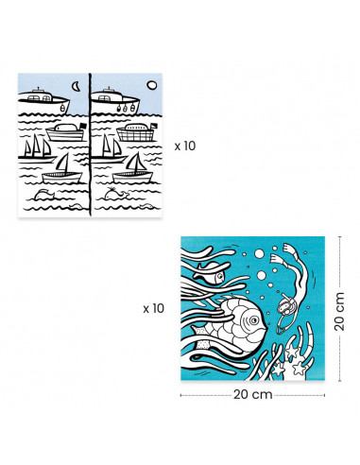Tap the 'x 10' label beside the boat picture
pos(185,146)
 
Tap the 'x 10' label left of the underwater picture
pos(154,308)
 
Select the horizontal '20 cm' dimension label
pos(247,396)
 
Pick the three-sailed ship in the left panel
pos(38,146)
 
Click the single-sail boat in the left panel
pos(60,168)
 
